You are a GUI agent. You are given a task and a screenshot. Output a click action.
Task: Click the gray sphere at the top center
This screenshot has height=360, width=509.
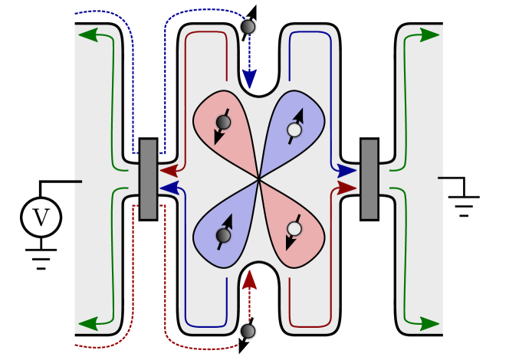coord(248,27)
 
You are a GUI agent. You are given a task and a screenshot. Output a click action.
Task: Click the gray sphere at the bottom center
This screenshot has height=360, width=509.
coord(248,331)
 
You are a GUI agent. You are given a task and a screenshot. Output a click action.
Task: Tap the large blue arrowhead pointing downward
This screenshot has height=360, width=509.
coord(249,79)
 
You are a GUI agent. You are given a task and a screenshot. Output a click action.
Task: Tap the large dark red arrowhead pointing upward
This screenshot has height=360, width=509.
coord(249,280)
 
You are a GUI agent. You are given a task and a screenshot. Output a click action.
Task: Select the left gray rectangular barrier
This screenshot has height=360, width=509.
coord(148,178)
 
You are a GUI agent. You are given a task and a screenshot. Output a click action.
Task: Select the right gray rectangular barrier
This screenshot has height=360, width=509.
coord(369,178)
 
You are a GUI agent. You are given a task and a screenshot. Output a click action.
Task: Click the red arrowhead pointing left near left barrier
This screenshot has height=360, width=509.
coord(169,171)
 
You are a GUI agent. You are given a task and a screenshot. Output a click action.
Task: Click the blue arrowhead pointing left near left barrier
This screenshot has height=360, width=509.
coord(169,188)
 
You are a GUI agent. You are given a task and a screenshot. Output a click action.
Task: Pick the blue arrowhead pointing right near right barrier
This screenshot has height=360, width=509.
coord(346,171)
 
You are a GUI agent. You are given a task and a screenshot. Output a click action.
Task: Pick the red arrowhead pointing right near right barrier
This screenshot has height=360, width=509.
coord(346,188)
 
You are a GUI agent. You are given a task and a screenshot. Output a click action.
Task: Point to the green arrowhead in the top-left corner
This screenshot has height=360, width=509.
coord(89,34)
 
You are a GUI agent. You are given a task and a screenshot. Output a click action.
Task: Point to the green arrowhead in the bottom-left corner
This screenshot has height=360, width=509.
coord(89,323)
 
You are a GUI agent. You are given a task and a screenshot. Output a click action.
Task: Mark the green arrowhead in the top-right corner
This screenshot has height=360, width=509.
coord(429,34)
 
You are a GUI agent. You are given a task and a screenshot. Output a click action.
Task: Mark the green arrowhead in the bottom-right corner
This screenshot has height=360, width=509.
coord(429,323)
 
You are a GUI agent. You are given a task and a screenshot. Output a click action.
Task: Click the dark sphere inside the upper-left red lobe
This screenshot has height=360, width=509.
coord(223,123)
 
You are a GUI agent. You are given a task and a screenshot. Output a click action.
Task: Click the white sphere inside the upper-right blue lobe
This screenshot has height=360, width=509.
coord(294,130)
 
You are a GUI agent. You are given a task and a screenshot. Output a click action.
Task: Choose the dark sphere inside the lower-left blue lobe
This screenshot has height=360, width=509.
coord(223,235)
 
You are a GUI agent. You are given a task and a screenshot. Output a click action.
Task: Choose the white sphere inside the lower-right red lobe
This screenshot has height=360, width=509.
coord(294,228)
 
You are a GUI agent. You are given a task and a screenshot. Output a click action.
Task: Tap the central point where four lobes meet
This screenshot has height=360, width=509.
coord(259,179)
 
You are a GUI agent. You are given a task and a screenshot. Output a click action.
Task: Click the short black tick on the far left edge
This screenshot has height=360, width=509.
coord(77,182)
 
